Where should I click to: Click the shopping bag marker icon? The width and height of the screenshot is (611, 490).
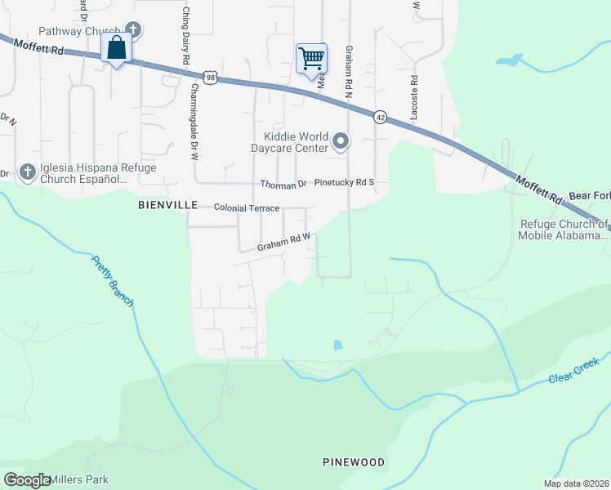117,48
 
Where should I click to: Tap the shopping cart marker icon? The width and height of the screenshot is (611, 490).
311,58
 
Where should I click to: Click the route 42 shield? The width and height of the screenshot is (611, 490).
381,117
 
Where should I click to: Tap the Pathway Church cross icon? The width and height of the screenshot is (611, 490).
133,31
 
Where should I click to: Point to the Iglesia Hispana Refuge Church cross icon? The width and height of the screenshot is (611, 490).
27,171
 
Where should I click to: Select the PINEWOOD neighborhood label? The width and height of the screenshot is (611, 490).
353,462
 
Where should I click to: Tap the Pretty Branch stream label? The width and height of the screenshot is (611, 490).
113,281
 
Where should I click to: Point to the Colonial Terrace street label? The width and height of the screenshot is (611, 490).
247,209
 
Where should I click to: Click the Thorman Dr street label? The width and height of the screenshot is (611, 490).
283,185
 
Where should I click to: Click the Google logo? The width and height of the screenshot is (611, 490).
27,480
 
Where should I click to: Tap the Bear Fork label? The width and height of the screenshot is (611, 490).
589,197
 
